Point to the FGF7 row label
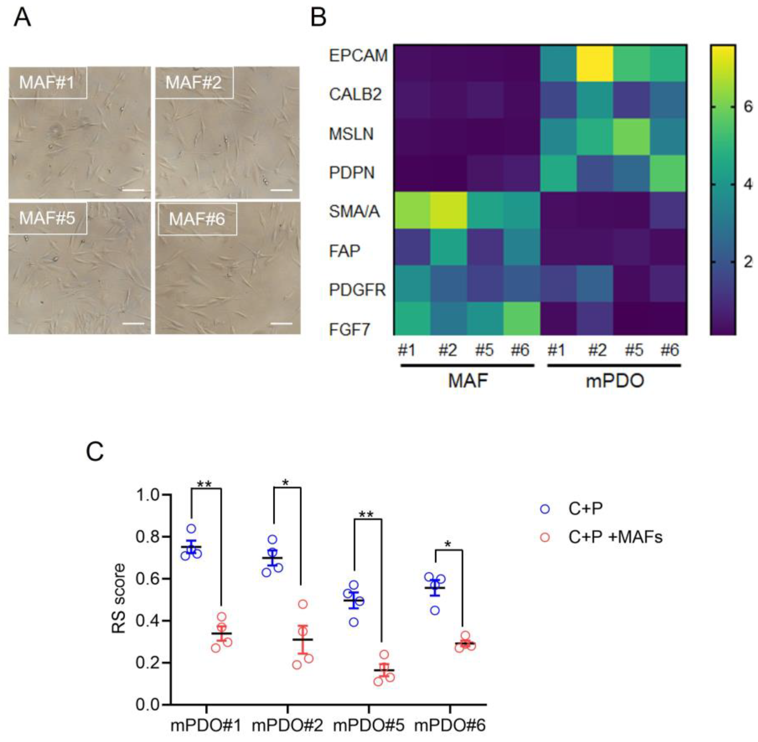click(350, 330)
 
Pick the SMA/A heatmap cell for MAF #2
click(448, 211)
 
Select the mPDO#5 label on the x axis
click(368, 726)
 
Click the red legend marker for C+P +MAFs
click(545, 537)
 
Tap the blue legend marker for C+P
click(545, 509)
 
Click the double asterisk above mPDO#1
click(205, 485)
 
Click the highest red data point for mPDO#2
click(303, 604)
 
